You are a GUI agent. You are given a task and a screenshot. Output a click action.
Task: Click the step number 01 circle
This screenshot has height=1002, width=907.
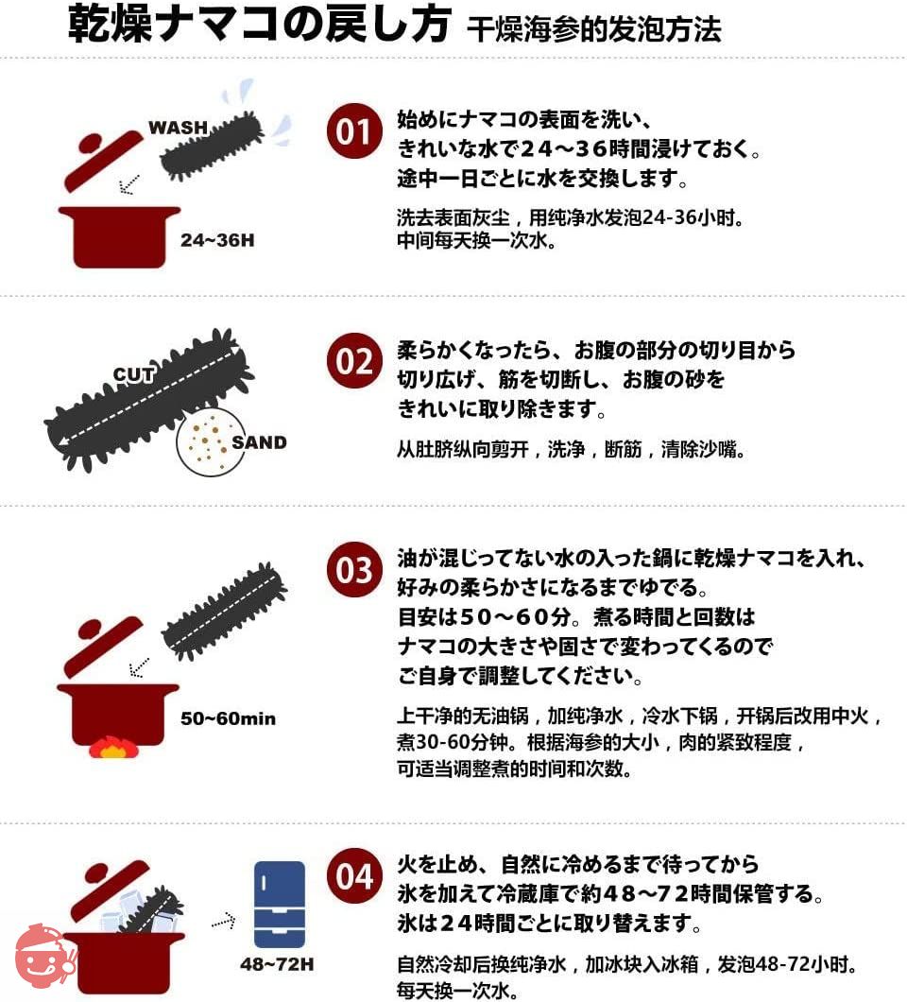point(354,131)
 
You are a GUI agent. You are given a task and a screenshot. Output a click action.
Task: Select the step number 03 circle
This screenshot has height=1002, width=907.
point(354,569)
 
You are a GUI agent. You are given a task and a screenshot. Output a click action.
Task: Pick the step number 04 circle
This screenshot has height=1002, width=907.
point(354,875)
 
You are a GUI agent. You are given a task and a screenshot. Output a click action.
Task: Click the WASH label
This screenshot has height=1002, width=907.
point(179,128)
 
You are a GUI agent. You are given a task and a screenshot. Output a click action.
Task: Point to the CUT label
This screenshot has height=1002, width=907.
point(134,374)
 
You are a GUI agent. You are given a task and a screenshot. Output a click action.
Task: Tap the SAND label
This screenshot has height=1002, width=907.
point(259,442)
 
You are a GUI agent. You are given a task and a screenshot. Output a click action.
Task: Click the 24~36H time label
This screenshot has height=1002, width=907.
point(217,240)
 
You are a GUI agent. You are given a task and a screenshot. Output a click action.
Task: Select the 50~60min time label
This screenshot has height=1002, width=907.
point(228,718)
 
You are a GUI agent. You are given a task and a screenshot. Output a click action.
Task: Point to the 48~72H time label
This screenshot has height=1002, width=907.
point(277,964)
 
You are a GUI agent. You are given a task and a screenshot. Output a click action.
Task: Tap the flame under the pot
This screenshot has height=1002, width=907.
point(113,747)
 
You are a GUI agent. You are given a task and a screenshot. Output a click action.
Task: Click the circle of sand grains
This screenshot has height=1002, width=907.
point(209,441)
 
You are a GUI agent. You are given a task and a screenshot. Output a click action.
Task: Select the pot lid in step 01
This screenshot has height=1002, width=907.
point(102,160)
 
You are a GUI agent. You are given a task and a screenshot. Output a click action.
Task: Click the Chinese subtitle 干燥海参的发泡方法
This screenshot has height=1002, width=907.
point(594,29)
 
